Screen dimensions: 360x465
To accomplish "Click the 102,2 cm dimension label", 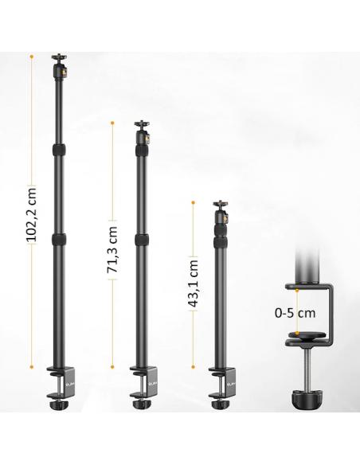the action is tap(31, 214).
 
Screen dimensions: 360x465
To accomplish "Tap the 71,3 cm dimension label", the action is tap(112, 249).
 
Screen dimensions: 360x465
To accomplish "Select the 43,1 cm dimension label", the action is tap(193, 283).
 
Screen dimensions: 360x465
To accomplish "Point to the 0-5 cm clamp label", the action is tap(295, 313).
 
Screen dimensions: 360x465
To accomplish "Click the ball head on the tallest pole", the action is tap(60, 66).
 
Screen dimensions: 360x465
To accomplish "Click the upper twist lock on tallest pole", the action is tap(59, 150).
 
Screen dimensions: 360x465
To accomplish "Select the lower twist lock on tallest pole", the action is tap(58, 240).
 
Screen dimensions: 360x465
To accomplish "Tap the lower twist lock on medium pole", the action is tap(142, 240).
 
